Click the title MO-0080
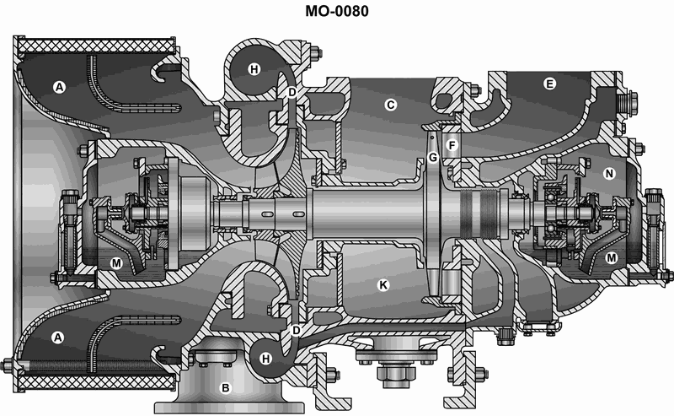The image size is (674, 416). click(336, 11)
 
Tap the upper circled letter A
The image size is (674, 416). click(59, 88)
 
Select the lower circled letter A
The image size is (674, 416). click(57, 338)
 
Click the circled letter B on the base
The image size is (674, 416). click(225, 388)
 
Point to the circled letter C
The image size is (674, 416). click(390, 105)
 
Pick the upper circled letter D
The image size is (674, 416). click(292, 92)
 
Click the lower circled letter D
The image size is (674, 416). click(297, 331)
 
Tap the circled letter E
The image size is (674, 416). click(549, 84)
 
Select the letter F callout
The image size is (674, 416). click(452, 145)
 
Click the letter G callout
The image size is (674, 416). click(433, 158)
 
